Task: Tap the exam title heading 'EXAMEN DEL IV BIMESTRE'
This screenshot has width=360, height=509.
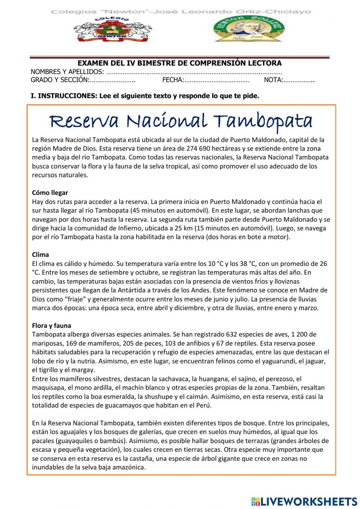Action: (x=180, y=63)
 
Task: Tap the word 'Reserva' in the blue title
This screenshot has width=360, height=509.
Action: (x=84, y=122)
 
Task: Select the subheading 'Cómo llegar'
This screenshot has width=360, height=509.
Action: (x=50, y=193)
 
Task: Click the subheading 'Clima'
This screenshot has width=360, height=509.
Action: (x=40, y=255)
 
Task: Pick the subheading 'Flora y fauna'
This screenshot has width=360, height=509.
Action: (x=51, y=326)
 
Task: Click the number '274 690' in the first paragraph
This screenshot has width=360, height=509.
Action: (x=199, y=148)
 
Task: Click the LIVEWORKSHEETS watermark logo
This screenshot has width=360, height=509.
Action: (x=304, y=501)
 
